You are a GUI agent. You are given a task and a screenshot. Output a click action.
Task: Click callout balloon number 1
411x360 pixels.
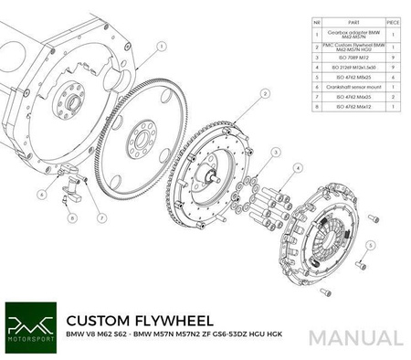(x=161, y=43)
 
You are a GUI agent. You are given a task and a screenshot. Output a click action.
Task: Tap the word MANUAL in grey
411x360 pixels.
(x=356, y=337)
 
